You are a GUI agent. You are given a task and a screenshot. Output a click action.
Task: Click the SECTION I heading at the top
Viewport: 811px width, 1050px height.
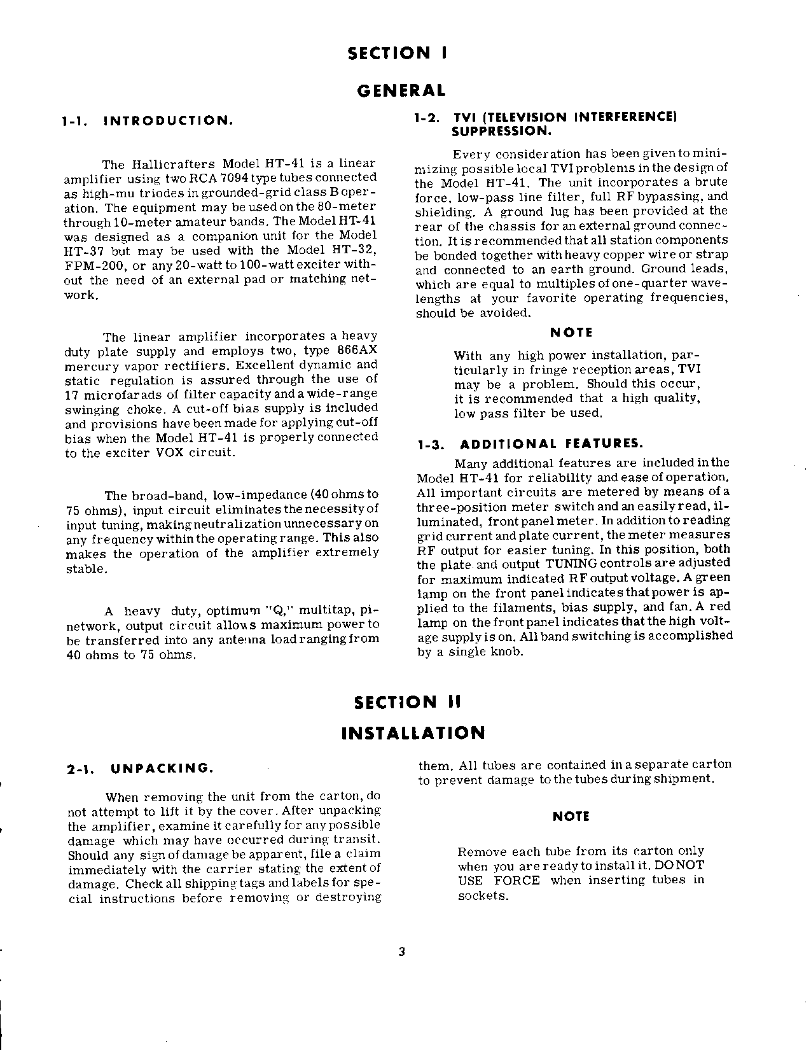(x=398, y=53)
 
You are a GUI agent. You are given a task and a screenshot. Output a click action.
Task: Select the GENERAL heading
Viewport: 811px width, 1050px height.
(x=401, y=90)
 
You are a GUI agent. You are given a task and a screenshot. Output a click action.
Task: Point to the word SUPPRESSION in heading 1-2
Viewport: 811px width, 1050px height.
(x=501, y=131)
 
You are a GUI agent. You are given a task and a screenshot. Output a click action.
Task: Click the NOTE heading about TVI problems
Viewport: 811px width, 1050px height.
(x=571, y=332)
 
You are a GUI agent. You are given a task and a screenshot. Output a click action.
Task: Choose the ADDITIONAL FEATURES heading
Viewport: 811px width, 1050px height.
(x=551, y=444)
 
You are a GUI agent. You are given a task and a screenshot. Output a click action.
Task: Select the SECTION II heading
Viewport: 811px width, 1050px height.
(x=406, y=703)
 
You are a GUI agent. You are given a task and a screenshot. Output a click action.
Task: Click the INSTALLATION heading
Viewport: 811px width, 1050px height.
(x=413, y=733)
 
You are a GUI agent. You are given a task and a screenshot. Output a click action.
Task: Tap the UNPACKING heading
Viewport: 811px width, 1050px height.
(x=161, y=768)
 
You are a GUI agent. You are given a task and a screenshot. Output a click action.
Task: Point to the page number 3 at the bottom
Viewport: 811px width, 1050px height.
(x=401, y=953)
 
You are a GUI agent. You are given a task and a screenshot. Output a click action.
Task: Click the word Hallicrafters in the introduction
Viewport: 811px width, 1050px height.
(x=169, y=164)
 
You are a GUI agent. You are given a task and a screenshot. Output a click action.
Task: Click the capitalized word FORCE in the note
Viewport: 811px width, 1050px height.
(x=517, y=881)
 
